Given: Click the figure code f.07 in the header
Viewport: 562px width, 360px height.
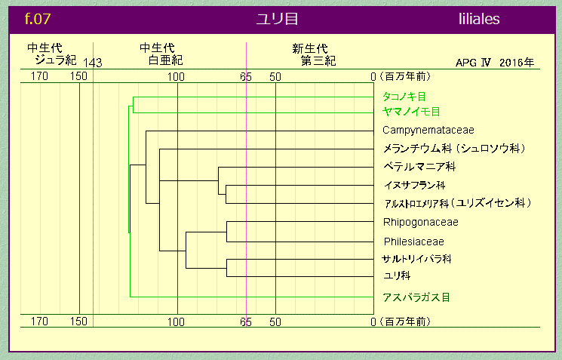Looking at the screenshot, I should tap(38, 19).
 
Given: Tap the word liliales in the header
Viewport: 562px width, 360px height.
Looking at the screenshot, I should tap(478, 19).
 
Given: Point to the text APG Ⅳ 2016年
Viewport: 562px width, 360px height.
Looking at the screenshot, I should tap(495, 63).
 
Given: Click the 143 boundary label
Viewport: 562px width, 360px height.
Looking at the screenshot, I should tap(93, 63).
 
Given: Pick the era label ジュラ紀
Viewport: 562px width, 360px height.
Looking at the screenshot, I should tap(56, 60).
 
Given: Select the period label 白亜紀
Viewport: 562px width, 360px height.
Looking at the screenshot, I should tap(165, 60).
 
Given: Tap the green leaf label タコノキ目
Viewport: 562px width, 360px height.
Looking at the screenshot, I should tap(404, 97).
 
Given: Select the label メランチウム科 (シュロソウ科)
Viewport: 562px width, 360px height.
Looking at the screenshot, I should tap(453, 148).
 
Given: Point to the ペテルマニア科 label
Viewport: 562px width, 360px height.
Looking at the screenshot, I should tap(419, 166).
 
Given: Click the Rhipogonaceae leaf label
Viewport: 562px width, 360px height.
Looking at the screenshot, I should tap(420, 222).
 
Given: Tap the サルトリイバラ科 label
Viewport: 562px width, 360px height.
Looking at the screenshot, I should tap(416, 259).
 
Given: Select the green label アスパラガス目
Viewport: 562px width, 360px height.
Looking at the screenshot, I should tap(416, 297).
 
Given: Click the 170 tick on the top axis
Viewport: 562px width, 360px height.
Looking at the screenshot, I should tap(40, 76).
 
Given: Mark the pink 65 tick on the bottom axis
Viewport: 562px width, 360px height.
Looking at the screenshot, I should tap(246, 322).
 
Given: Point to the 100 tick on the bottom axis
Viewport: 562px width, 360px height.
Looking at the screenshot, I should tap(177, 322).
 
